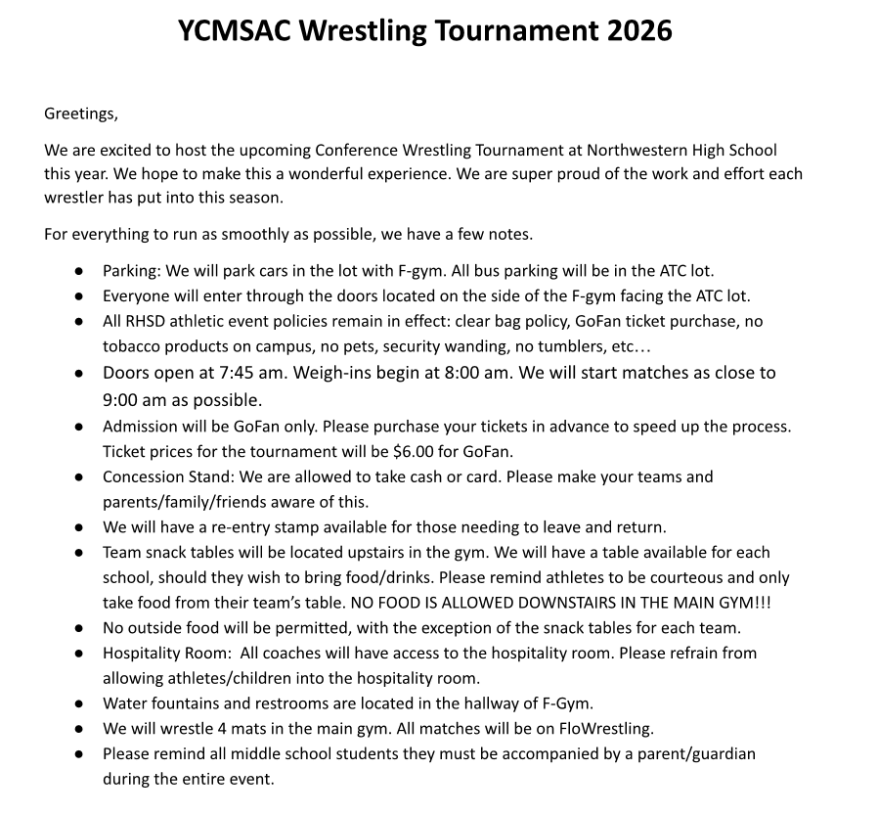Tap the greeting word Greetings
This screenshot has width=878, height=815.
coord(80,113)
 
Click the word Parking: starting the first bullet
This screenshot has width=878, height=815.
coord(133,270)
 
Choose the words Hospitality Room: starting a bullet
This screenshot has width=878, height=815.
coord(167,653)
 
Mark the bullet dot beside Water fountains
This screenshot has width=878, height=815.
coord(78,703)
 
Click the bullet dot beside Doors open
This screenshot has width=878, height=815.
coord(78,374)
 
